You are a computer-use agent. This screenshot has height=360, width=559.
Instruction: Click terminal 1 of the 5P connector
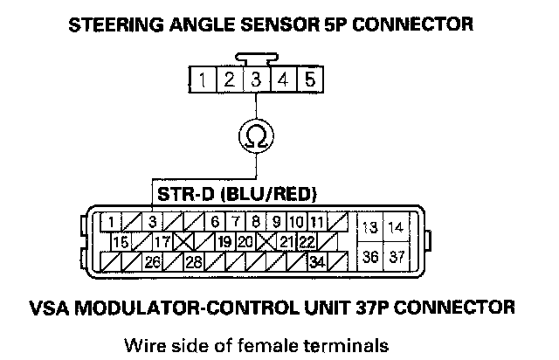click(x=203, y=80)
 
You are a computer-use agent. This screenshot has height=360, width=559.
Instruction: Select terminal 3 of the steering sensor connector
click(x=257, y=80)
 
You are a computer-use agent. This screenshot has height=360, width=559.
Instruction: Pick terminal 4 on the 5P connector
click(x=284, y=80)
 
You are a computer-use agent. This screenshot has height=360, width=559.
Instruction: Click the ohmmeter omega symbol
click(x=257, y=135)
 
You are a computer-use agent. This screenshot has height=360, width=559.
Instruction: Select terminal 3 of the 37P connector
click(x=151, y=221)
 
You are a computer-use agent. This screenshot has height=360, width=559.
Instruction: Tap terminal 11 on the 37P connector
click(x=316, y=221)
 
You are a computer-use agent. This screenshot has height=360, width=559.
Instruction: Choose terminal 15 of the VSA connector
click(x=121, y=240)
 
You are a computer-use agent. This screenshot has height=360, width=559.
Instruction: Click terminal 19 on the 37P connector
click(x=224, y=240)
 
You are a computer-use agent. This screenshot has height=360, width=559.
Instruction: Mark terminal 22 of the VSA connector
click(x=307, y=240)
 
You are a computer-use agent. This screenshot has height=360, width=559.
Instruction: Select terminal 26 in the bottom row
click(x=152, y=260)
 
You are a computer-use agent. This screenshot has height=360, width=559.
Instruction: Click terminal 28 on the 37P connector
click(x=193, y=260)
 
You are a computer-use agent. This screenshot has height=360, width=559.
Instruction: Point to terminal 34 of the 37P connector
click(x=317, y=260)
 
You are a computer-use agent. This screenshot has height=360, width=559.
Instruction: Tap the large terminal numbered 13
click(x=370, y=227)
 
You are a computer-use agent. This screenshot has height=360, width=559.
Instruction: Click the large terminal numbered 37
click(x=397, y=256)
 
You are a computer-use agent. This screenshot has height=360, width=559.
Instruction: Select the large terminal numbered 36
click(x=370, y=256)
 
